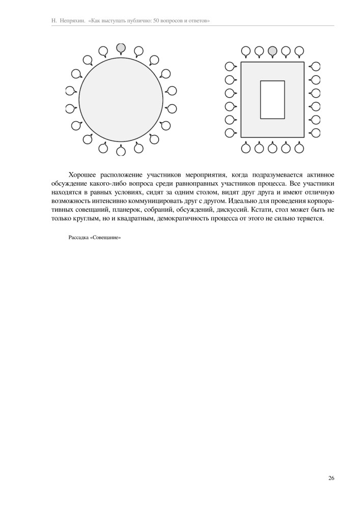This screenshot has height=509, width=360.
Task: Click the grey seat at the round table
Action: (x=121, y=48)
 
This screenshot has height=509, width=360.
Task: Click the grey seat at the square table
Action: (x=272, y=50)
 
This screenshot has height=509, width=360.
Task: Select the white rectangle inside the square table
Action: (x=272, y=99)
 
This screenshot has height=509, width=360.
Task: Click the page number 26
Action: (x=331, y=478)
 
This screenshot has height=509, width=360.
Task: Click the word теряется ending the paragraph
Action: (x=310, y=219)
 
